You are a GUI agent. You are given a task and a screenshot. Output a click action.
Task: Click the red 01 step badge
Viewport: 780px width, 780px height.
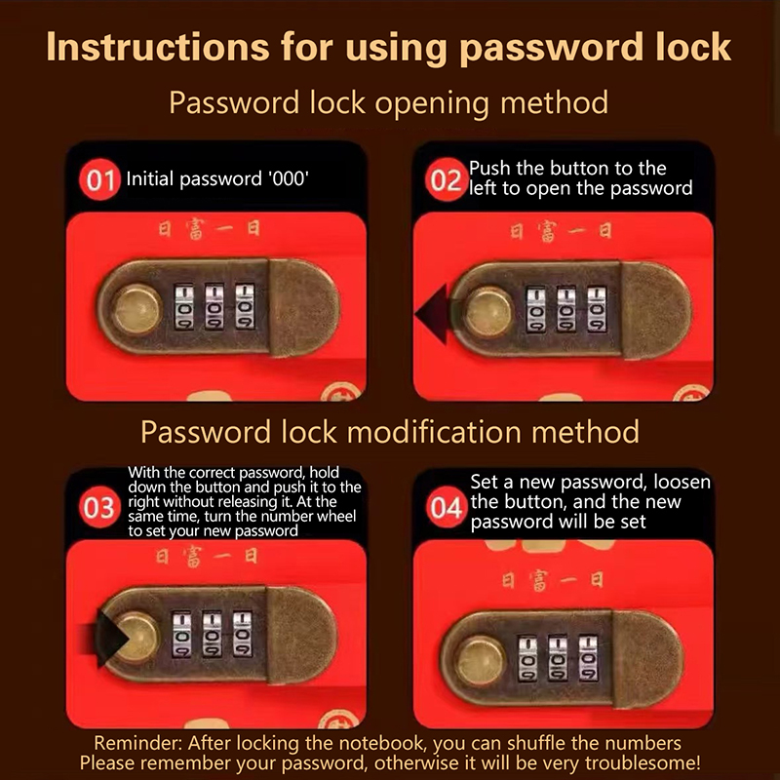[99, 179]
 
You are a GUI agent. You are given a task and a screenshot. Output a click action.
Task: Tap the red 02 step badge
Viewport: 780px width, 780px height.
[446, 179]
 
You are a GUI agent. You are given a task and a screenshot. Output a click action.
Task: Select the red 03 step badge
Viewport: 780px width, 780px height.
[99, 507]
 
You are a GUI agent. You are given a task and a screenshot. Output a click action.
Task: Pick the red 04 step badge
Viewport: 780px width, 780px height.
[446, 507]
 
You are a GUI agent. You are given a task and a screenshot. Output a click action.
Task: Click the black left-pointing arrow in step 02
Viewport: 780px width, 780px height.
[432, 314]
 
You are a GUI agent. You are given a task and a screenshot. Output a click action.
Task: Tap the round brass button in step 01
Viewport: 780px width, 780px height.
[136, 309]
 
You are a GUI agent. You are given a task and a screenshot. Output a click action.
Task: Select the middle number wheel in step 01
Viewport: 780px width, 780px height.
[214, 306]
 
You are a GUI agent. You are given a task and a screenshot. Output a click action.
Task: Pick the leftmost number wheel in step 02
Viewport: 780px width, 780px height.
[535, 310]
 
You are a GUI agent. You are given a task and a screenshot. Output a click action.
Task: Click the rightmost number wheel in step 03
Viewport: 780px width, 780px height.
[243, 635]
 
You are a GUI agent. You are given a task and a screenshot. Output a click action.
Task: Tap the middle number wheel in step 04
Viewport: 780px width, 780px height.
[558, 657]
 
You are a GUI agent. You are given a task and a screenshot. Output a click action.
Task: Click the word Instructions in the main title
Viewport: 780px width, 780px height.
[158, 47]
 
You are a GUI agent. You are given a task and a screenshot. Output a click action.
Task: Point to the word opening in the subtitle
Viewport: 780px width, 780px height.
[432, 104]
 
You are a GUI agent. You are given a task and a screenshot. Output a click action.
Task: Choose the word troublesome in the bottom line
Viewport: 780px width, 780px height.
[642, 762]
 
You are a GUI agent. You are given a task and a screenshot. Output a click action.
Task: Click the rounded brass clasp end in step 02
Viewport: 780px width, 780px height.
[655, 309]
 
